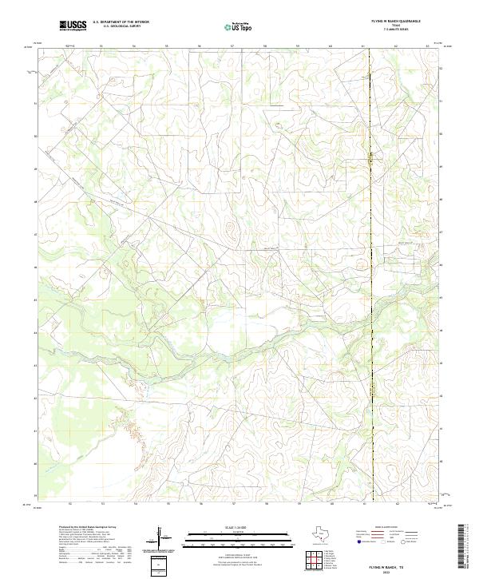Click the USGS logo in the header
[x=73, y=26]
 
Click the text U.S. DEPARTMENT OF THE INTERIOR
[x=121, y=22]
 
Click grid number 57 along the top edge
[x=232, y=46]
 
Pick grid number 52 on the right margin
[x=443, y=69]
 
